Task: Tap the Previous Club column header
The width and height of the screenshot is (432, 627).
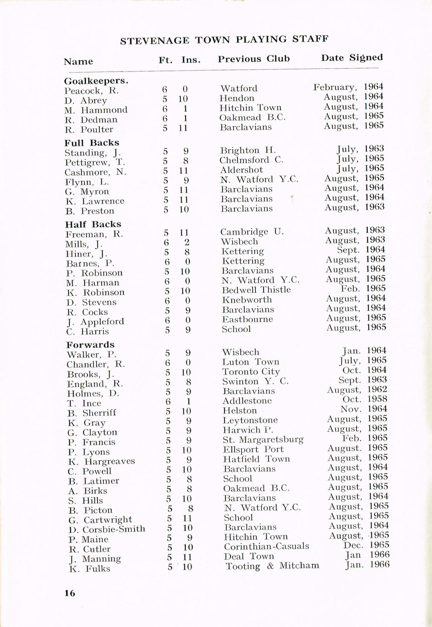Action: pos(254,59)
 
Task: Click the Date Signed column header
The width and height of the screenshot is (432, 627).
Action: pos(352,58)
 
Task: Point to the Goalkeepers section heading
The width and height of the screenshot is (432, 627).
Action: pos(96,81)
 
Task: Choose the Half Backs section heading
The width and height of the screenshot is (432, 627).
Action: pos(93,224)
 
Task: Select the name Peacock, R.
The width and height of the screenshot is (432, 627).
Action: pos(92,90)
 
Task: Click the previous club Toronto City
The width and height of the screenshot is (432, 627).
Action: pos(251,371)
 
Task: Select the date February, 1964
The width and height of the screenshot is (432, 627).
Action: pos(348,87)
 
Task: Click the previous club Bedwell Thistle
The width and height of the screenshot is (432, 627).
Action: pos(256,290)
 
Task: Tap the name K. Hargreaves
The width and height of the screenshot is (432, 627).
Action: pos(102,461)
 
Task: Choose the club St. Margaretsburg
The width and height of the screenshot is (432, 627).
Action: pos(263,439)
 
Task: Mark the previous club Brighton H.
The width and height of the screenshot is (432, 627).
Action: pos(248,150)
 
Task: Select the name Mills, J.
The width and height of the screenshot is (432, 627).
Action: pos(84,244)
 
